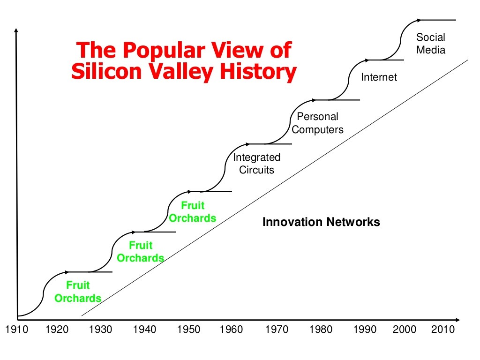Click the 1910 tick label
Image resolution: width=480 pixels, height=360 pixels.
(17, 330)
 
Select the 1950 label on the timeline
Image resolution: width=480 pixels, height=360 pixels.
(188, 330)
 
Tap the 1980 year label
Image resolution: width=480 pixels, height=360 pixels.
(321, 330)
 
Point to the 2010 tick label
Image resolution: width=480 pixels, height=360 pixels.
(443, 330)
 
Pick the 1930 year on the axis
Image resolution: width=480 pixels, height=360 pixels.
(100, 330)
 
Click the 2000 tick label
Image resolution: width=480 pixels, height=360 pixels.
(405, 330)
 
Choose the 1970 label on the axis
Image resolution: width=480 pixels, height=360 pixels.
(277, 330)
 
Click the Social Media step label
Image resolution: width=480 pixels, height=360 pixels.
(431, 44)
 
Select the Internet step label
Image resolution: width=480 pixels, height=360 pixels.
(379, 77)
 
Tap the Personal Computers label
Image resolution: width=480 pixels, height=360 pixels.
(317, 123)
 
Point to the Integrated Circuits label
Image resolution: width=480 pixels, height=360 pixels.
(256, 164)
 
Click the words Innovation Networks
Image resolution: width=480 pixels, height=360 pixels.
(321, 222)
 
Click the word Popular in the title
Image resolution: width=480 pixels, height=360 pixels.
(164, 51)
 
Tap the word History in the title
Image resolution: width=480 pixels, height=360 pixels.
(258, 72)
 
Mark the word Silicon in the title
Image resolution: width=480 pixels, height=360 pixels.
(106, 72)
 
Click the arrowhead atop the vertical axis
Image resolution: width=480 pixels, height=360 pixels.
(16, 30)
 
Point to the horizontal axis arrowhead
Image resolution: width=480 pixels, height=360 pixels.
(457, 320)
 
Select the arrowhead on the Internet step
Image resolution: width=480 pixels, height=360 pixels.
(367, 60)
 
